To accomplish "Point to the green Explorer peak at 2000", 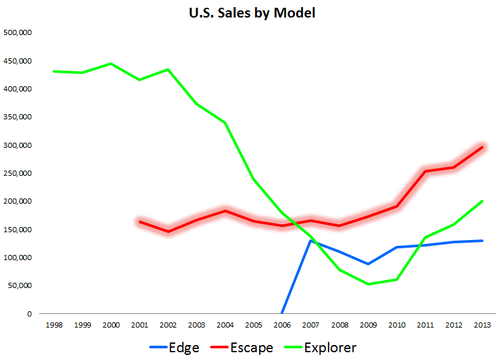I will coord(111,64).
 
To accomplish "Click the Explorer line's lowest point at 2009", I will coord(368,284).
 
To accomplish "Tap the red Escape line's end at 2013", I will coord(482,147).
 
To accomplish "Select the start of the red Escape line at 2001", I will coord(139,222).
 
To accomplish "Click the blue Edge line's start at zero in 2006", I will coord(282,313).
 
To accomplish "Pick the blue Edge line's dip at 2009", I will coord(368,264).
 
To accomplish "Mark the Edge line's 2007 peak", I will coord(311,241).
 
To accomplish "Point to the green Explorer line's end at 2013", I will coord(482,201).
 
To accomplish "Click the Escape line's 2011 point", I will coord(425,171).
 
